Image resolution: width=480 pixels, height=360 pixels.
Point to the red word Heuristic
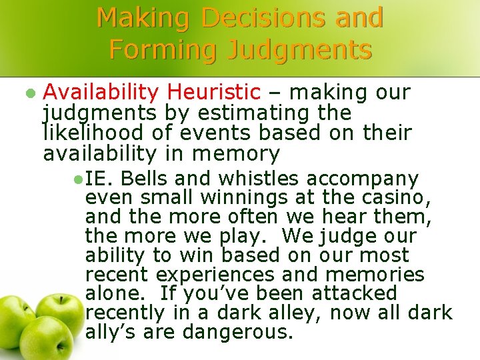pos(214,92)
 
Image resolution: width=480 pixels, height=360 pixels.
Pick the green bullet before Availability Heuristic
pos(28,92)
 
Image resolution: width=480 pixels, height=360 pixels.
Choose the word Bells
pos(143,179)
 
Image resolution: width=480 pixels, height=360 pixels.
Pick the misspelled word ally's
pos(110,332)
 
